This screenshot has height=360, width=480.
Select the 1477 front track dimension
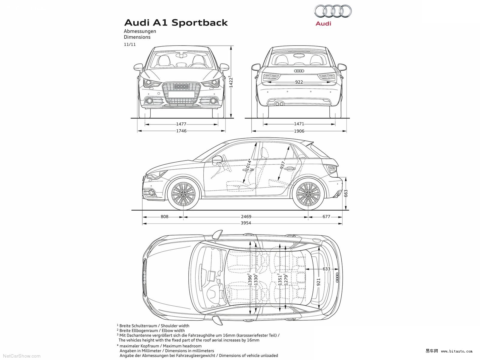click(x=181, y=124)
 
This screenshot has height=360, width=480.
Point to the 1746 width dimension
click(x=181, y=131)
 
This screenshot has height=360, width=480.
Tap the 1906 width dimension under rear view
click(x=299, y=131)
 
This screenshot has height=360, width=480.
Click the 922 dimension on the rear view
click(x=299, y=82)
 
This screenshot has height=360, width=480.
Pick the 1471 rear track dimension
click(x=299, y=124)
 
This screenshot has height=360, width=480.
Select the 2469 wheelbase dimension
click(x=246, y=217)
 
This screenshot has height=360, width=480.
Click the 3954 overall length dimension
click(x=246, y=223)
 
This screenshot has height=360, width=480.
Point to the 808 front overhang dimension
click(x=164, y=217)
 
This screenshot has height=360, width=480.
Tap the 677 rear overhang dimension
click(x=326, y=217)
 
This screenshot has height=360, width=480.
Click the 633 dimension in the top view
click(x=326, y=269)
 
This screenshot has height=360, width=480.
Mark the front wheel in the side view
click(x=183, y=194)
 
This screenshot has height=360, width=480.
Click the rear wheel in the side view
click(x=308, y=194)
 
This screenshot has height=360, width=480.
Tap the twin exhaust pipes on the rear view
click(x=279, y=104)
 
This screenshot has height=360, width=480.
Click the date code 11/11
click(x=130, y=44)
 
